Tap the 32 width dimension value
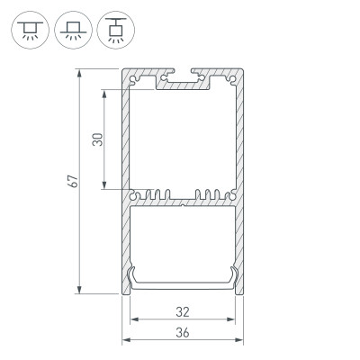coord(183,312)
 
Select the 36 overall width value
coord(183,332)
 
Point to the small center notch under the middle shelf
coord(183,205)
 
